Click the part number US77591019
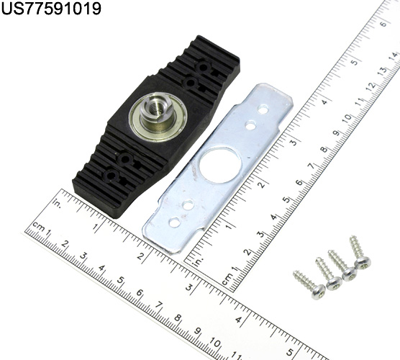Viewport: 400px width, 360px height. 51,9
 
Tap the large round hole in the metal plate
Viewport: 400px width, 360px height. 220,165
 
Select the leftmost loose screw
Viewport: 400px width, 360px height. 309,284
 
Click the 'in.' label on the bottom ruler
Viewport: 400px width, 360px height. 57,203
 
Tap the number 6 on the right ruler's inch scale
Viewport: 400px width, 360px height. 383,24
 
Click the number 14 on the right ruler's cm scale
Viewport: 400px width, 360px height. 394,56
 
